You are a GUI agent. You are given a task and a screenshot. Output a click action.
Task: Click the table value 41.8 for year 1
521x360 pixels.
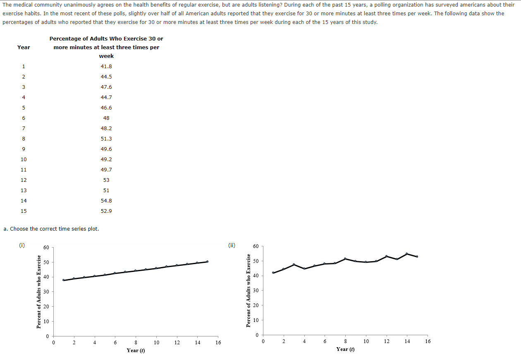click(106, 67)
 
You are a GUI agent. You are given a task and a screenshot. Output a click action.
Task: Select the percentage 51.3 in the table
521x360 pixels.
click(106, 139)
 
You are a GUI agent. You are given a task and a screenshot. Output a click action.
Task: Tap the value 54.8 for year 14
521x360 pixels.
click(106, 201)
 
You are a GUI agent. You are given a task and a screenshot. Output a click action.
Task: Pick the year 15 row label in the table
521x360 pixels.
click(24, 211)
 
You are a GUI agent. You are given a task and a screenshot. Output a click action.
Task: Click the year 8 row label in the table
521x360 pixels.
click(24, 139)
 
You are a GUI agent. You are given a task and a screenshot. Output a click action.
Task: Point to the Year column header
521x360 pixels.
click(24, 48)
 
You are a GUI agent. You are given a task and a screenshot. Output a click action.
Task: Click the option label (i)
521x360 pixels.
click(22, 245)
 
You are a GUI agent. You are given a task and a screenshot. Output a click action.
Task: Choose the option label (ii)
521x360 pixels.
click(232, 245)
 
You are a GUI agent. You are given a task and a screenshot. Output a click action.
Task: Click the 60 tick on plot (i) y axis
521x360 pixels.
click(46, 248)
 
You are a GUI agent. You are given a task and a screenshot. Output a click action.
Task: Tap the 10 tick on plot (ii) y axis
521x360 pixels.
click(256, 320)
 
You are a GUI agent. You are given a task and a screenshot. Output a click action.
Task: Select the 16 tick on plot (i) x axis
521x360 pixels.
click(218, 343)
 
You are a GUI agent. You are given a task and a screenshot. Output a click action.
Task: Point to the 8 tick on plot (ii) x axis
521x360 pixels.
click(345, 341)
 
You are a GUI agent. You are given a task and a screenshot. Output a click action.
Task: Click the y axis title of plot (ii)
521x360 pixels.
click(249, 290)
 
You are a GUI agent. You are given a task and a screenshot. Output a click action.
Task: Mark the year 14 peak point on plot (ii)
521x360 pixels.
click(407, 254)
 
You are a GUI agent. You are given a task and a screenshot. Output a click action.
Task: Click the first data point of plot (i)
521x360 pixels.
click(64, 280)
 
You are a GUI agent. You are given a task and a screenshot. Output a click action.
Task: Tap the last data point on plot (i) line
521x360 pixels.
click(208, 262)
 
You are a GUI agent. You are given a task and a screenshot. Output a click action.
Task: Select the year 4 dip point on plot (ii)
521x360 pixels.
click(304, 269)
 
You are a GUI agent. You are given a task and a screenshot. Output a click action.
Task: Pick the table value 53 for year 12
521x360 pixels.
click(106, 180)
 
